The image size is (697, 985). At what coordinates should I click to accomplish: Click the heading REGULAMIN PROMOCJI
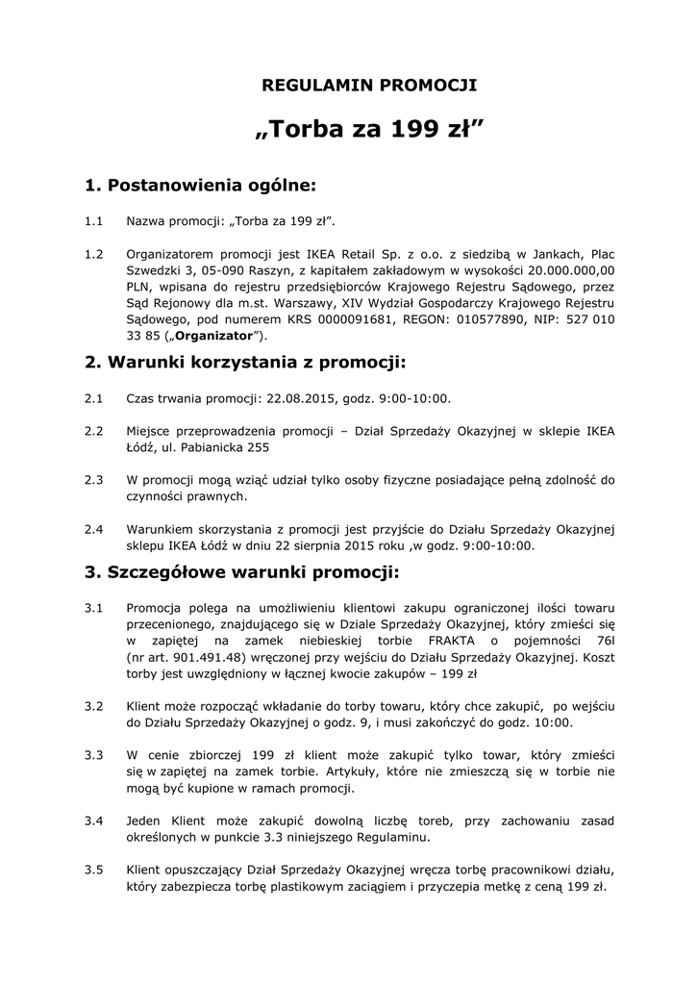click(370, 86)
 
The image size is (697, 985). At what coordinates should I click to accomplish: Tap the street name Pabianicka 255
click(215, 447)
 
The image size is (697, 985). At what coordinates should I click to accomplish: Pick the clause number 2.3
click(93, 479)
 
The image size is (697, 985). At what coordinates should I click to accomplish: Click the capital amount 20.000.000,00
click(565, 271)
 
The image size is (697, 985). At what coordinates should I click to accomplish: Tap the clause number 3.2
click(93, 705)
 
